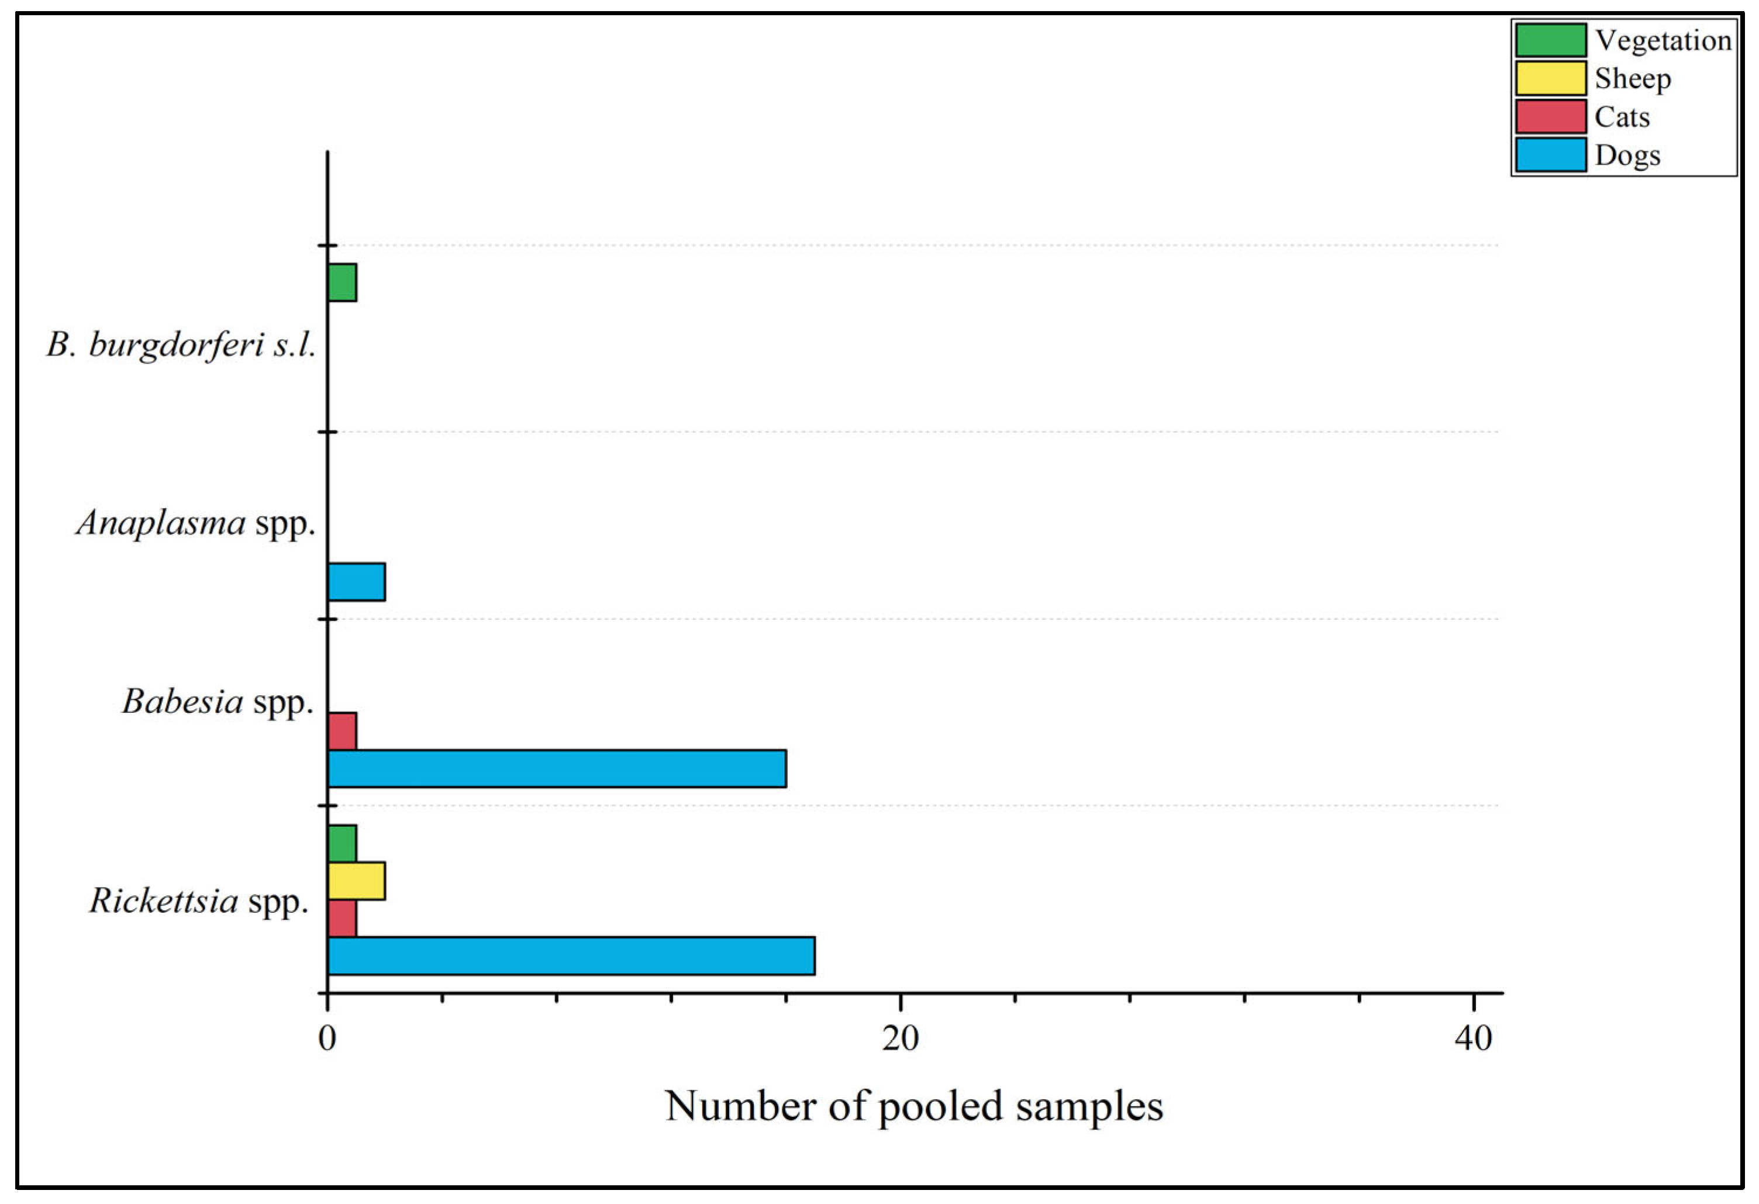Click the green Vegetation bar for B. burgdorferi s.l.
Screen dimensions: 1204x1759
pyautogui.click(x=342, y=282)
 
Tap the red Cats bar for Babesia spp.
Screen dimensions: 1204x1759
pyautogui.click(x=342, y=730)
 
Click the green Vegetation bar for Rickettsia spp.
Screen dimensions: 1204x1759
pyautogui.click(x=342, y=843)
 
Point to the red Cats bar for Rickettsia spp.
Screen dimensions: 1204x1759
pyautogui.click(x=342, y=918)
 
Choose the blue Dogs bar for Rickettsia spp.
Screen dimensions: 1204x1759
pyautogui.click(x=571, y=956)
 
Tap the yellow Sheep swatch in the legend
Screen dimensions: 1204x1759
pyautogui.click(x=1550, y=78)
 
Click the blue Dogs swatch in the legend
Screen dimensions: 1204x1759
pyautogui.click(x=1550, y=155)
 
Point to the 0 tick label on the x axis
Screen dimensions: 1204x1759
pyautogui.click(x=327, y=1039)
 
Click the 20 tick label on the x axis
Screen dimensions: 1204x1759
pyautogui.click(x=900, y=1039)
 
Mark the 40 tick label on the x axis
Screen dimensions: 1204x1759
pyautogui.click(x=1473, y=1039)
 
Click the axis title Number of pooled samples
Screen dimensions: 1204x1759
pyautogui.click(x=913, y=1106)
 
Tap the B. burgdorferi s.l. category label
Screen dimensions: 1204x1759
pyautogui.click(x=181, y=345)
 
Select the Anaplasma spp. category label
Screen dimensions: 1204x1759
pyautogui.click(x=196, y=523)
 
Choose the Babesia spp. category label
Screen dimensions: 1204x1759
pyautogui.click(x=218, y=702)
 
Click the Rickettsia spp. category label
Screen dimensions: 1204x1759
pyautogui.click(x=199, y=901)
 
